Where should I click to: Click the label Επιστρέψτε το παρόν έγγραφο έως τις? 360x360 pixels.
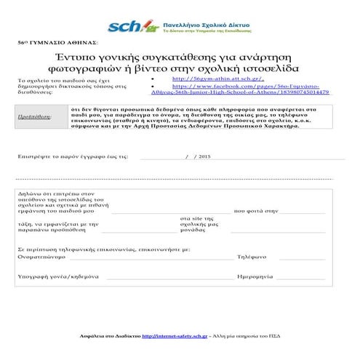click(73, 156)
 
